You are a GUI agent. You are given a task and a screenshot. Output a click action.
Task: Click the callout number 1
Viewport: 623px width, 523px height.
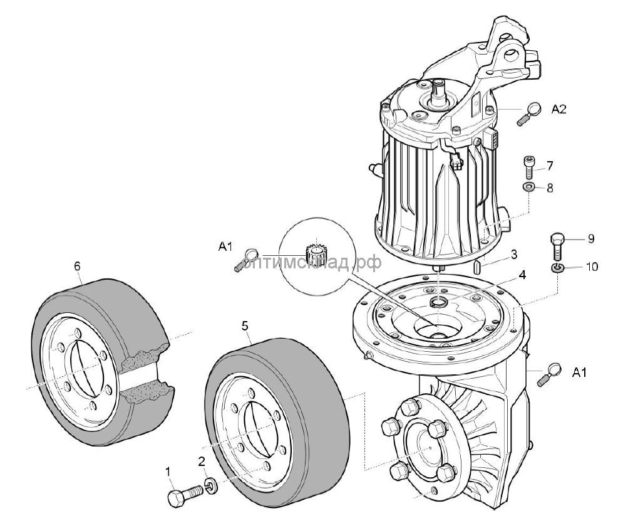(x=168, y=470)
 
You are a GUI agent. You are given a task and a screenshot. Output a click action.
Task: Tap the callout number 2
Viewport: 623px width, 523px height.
(x=202, y=462)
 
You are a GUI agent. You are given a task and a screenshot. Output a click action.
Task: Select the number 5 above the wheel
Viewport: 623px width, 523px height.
(x=245, y=325)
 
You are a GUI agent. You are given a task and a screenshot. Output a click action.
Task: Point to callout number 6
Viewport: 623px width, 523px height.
(x=78, y=267)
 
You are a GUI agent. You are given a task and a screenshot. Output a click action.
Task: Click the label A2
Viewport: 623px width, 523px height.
(x=559, y=109)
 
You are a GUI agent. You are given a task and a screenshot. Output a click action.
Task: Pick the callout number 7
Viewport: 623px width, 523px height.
(x=550, y=166)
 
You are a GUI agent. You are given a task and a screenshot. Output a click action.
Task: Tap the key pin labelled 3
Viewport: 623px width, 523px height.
(x=477, y=267)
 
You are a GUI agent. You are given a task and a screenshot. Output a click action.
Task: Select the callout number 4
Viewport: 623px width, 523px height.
(x=522, y=274)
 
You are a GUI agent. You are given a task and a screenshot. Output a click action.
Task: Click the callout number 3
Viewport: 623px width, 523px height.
(x=513, y=254)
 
